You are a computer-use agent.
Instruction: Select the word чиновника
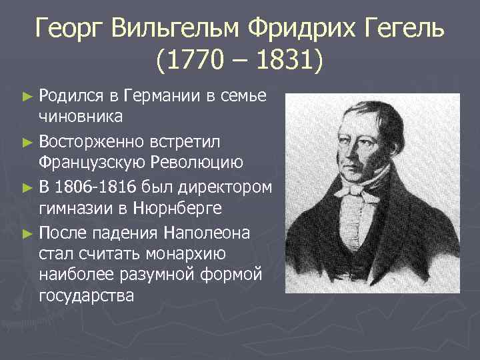[x=81, y=118]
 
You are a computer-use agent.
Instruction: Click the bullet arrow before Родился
[x=27, y=97]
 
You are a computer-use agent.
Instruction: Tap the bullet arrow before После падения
[x=27, y=232]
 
